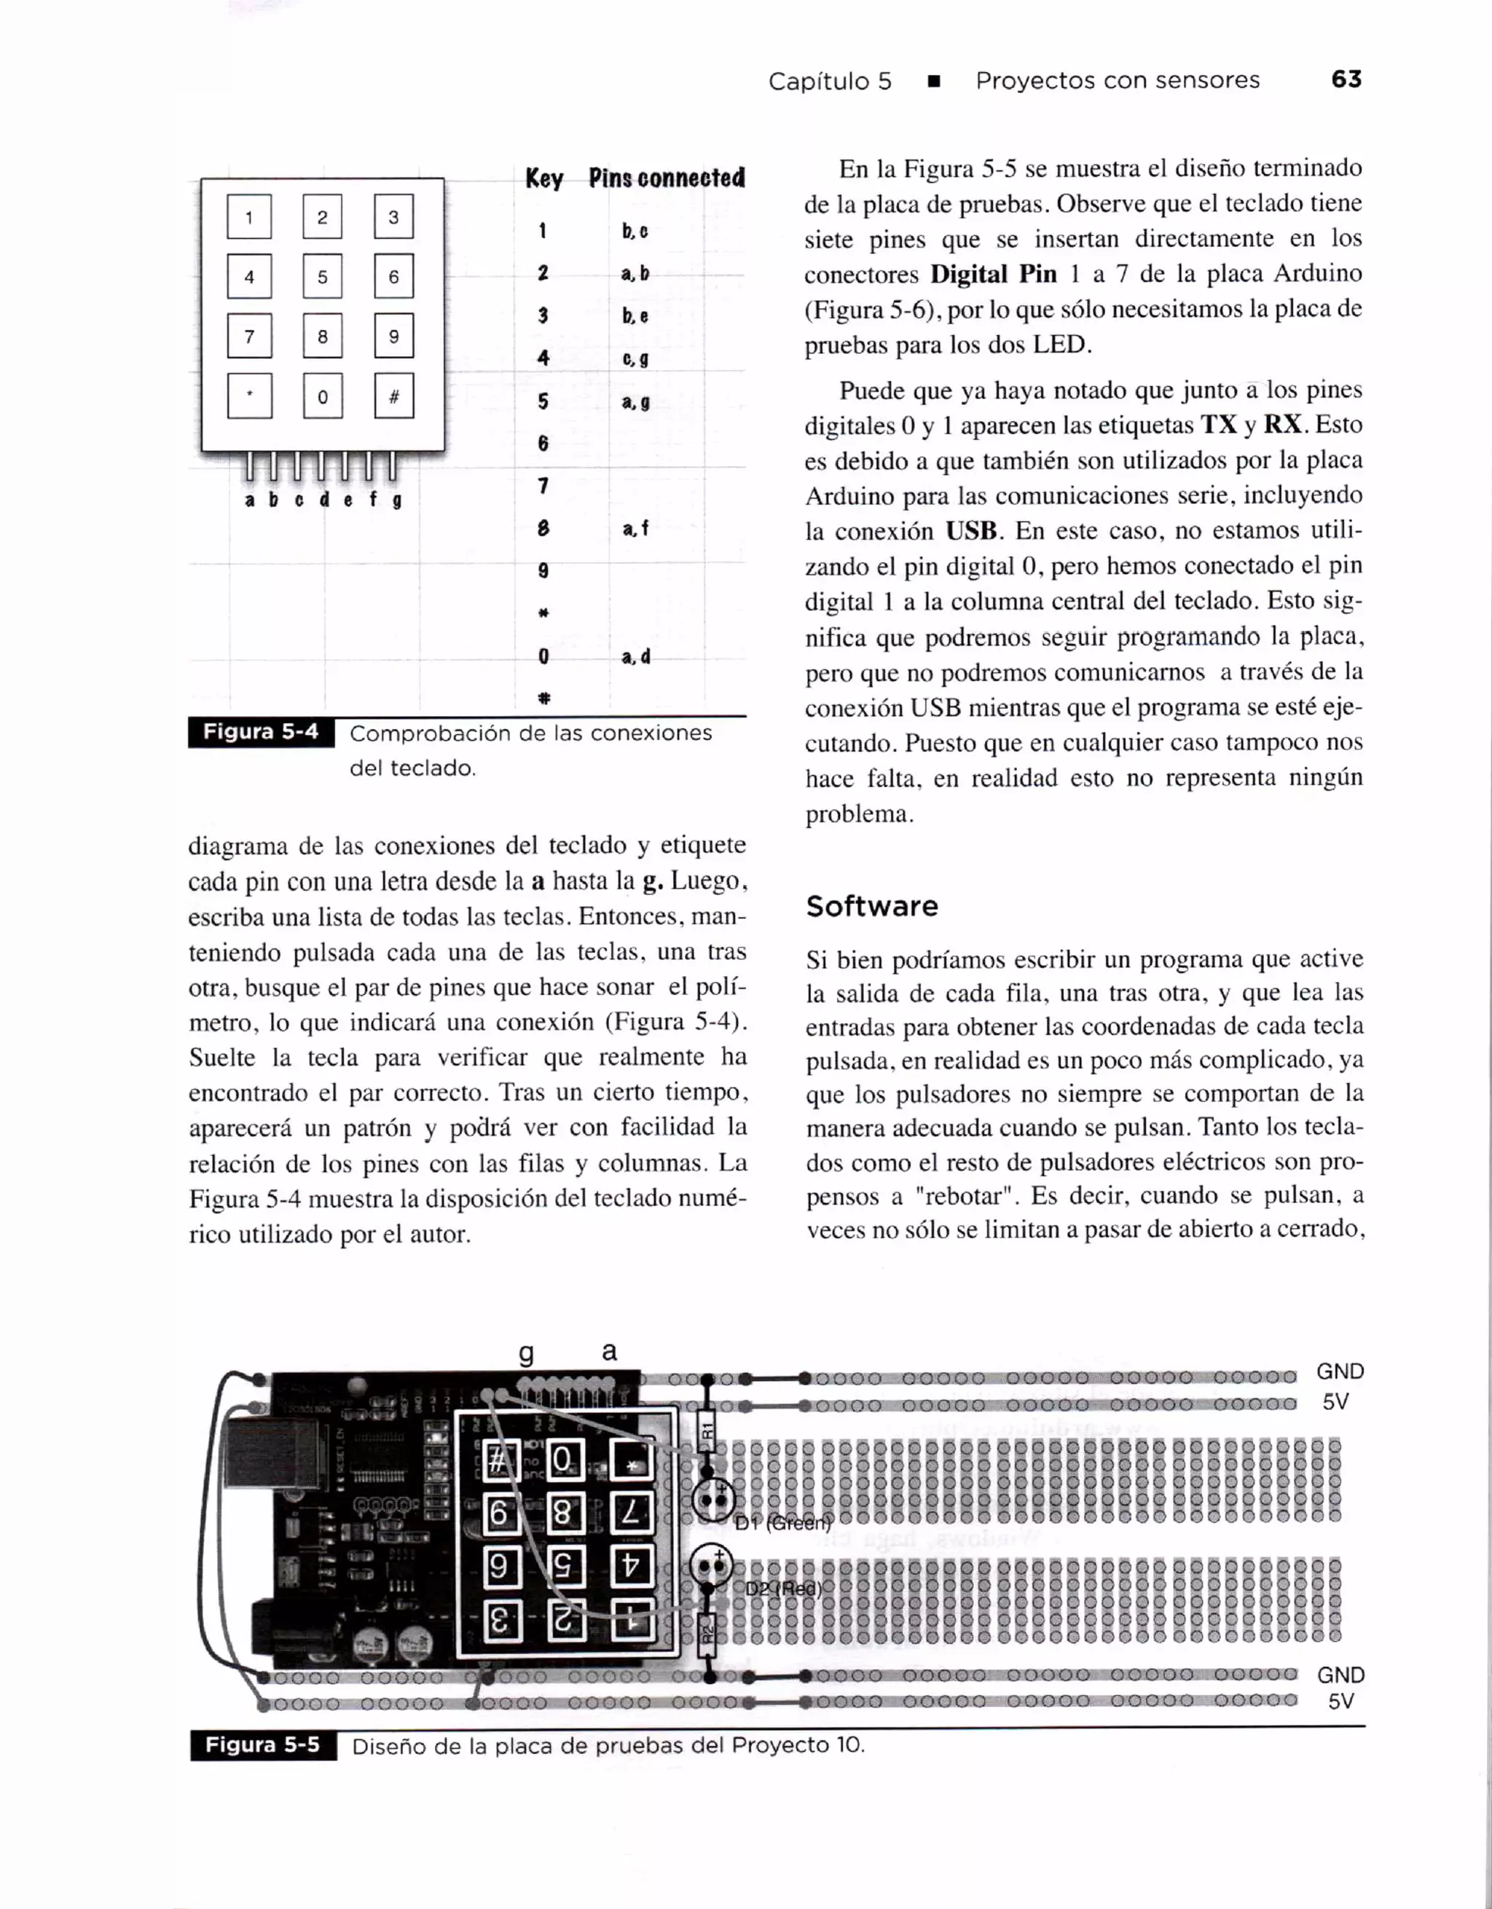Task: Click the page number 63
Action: pos(1346,79)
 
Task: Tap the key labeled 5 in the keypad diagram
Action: pos(323,277)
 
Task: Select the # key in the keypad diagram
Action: pos(393,397)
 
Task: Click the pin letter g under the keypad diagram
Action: pos(397,501)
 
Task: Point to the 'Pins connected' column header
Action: pos(666,178)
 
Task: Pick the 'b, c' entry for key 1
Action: pos(635,232)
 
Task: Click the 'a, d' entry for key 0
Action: pos(635,656)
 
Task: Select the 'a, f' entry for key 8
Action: pos(635,528)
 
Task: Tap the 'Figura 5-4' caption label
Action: pos(261,731)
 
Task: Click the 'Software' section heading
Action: pos(871,906)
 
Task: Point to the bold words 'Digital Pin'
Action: pos(993,275)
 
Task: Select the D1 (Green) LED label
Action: pos(783,1524)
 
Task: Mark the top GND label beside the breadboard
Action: pos(1340,1372)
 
